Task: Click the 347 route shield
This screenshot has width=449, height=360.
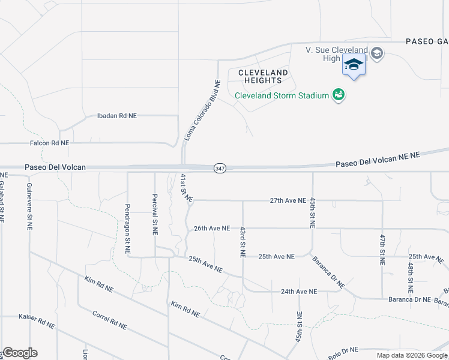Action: click(220, 169)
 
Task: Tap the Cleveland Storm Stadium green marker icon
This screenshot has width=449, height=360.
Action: click(339, 95)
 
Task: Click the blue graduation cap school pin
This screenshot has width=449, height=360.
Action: click(354, 64)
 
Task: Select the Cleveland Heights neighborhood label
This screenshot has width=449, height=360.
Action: click(263, 76)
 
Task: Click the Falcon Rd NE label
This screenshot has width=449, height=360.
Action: click(49, 143)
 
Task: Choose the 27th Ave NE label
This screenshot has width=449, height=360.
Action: click(288, 200)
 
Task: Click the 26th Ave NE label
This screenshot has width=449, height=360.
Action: click(212, 228)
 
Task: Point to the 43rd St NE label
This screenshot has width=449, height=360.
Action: click(243, 242)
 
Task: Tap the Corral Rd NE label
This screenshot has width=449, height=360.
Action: click(109, 320)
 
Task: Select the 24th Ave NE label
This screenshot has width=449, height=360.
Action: click(298, 292)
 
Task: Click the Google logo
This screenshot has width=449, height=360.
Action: click(19, 353)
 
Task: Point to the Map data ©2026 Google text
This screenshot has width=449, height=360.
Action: click(412, 355)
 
